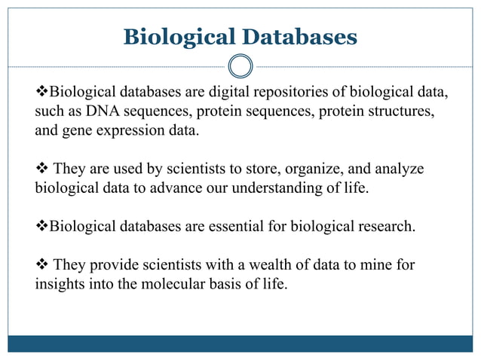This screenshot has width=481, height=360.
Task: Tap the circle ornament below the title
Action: [x=240, y=66]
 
